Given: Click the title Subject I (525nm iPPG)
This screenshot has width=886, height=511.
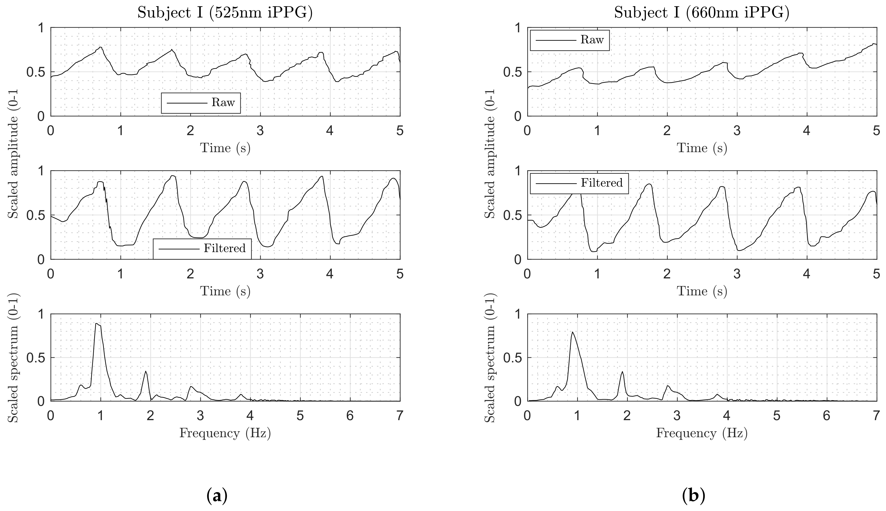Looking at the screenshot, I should [x=225, y=13].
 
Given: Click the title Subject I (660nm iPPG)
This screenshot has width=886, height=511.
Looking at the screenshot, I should [x=701, y=13].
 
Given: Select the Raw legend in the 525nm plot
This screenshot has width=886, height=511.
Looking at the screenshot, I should [x=201, y=103].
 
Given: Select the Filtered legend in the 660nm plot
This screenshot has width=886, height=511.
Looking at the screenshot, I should [x=579, y=183].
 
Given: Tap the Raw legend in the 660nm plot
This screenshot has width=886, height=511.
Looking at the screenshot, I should [x=569, y=40].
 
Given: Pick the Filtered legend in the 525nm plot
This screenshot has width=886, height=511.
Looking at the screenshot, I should [x=202, y=248].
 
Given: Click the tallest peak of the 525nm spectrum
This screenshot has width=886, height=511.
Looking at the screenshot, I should [x=96, y=324].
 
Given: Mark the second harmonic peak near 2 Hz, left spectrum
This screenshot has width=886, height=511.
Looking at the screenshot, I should [x=146, y=371].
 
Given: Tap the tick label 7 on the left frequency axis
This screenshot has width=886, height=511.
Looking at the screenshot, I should [x=400, y=416].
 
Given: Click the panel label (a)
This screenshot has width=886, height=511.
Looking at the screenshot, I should [x=217, y=496].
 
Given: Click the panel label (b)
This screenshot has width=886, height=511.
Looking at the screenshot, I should [x=693, y=496].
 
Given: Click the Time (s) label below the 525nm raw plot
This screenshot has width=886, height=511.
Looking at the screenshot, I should [x=225, y=148].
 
